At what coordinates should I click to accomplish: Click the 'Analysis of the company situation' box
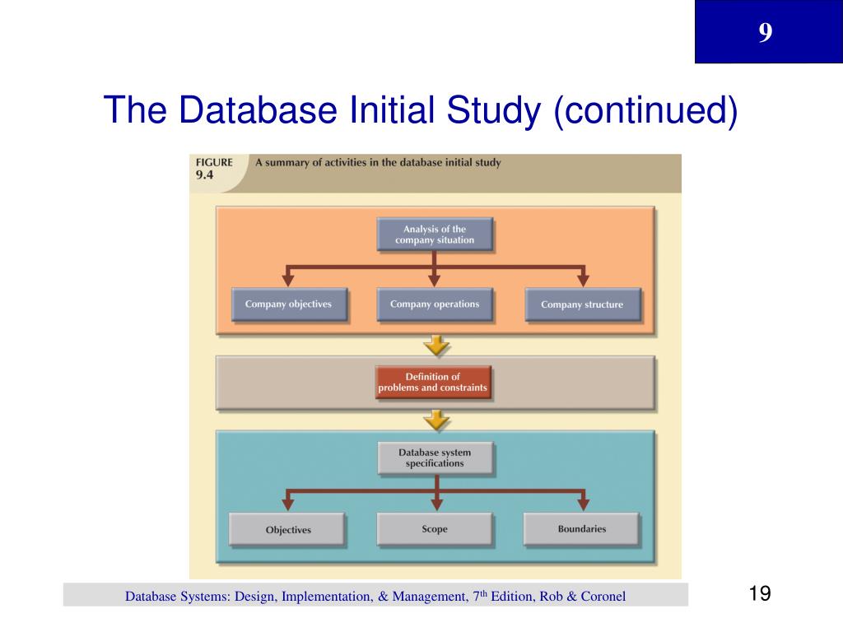tap(435, 235)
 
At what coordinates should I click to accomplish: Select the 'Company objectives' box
tap(288, 304)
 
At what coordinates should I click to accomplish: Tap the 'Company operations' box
tap(435, 304)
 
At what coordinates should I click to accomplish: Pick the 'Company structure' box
tap(582, 304)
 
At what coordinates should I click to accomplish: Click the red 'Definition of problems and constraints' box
tap(433, 383)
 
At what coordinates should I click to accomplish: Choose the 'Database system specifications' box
tap(435, 458)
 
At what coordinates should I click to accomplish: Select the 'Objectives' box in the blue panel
tap(288, 529)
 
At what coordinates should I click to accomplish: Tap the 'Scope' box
tap(435, 529)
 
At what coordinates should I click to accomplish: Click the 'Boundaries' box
tap(581, 529)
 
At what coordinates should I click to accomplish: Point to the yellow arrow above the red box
tap(436, 345)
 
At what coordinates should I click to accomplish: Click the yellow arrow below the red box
tap(436, 420)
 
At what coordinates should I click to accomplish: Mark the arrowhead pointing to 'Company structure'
tap(583, 280)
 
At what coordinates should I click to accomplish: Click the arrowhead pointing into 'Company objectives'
tap(288, 280)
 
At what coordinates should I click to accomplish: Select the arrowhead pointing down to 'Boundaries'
tap(583, 504)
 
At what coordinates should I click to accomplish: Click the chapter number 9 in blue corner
tap(766, 33)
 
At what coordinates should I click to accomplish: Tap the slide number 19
tap(760, 594)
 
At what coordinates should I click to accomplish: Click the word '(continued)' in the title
tap(645, 110)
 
